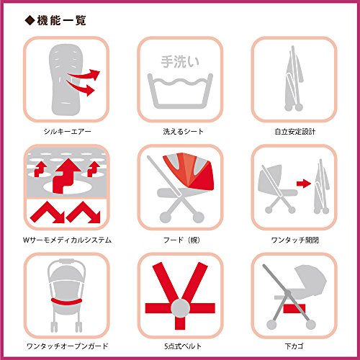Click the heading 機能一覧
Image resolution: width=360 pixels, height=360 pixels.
(61, 20)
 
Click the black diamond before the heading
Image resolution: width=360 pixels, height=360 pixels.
(30, 20)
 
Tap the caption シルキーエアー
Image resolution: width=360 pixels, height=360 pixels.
(68, 132)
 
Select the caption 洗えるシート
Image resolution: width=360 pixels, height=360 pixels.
(183, 132)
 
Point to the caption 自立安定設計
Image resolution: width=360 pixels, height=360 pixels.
(295, 132)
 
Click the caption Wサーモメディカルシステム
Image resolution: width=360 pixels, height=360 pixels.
(67, 240)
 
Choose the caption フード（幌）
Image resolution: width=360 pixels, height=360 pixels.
(181, 240)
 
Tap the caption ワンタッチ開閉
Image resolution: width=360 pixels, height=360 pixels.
(295, 240)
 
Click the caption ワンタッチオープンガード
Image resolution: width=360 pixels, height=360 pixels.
(68, 346)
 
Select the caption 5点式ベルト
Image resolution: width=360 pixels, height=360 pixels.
(183, 346)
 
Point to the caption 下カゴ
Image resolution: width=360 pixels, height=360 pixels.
(294, 346)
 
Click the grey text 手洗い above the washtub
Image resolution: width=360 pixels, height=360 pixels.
(180, 61)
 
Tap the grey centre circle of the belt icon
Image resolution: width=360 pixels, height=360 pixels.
(181, 308)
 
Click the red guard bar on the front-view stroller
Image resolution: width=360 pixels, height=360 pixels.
(67, 302)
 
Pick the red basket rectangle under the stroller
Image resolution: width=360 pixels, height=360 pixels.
(294, 309)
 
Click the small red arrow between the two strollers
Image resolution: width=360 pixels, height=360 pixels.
(304, 184)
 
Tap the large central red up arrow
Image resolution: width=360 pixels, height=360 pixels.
(67, 175)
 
